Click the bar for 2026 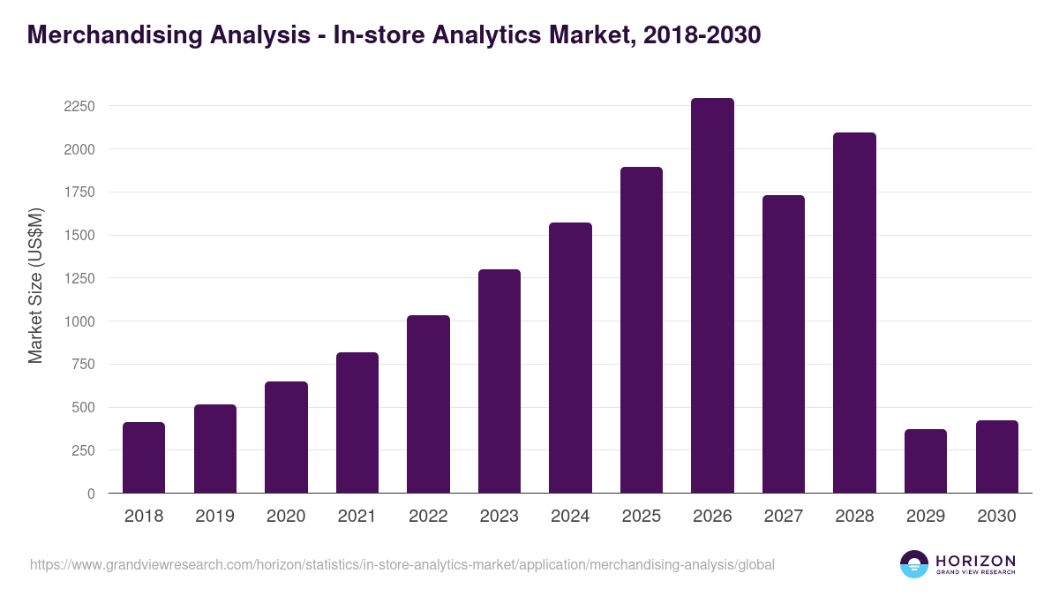(x=712, y=296)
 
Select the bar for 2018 (x=144, y=457)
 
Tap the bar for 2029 (x=926, y=461)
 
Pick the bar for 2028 (x=854, y=313)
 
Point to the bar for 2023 (x=499, y=381)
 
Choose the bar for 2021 (x=357, y=423)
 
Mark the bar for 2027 (x=784, y=344)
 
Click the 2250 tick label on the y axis (x=79, y=106)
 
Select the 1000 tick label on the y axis (x=79, y=321)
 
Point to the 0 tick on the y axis (x=90, y=494)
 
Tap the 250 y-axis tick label (x=83, y=450)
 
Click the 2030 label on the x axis (x=996, y=517)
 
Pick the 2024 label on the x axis (x=570, y=517)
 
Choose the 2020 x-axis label (x=286, y=517)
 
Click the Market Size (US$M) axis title (x=35, y=285)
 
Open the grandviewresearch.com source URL (x=402, y=564)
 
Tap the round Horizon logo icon (x=913, y=564)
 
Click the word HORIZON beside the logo (x=975, y=560)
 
